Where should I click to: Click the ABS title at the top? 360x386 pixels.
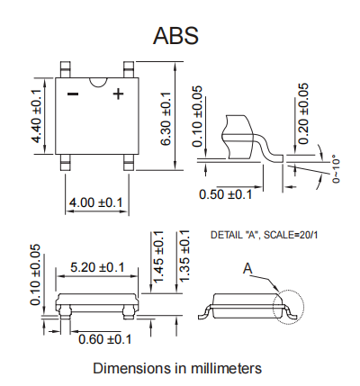176,36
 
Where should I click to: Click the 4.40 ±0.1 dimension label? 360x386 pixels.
37,117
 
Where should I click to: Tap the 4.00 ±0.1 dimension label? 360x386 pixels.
97,203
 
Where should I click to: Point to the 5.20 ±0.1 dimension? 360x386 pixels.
97,267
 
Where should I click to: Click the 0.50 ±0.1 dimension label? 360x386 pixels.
226,194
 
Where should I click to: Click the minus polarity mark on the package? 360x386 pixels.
73,94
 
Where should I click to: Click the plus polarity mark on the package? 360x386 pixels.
117,94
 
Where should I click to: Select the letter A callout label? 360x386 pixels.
248,268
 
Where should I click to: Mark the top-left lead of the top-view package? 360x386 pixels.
67,67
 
